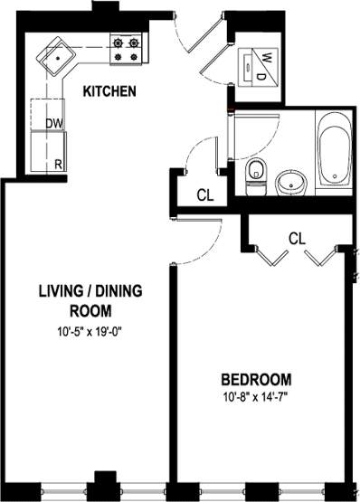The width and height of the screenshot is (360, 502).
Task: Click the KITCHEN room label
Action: click(109, 91)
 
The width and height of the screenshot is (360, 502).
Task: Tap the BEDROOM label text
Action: click(256, 379)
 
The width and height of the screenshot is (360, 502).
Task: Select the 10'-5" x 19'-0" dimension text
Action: click(90, 332)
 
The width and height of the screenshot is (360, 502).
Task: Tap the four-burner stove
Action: click(126, 50)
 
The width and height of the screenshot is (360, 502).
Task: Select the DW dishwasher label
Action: click(54, 124)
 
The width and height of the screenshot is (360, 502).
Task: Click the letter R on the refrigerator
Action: click(58, 165)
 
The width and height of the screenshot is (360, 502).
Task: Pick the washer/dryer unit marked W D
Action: click(259, 68)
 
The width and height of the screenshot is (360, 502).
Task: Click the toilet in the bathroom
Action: click(256, 177)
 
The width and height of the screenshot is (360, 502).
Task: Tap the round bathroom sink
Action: click(291, 183)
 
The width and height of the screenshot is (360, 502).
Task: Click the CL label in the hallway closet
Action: click(205, 195)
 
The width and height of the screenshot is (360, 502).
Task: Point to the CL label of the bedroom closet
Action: click(297, 239)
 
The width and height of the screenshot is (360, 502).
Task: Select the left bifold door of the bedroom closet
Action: click(271, 257)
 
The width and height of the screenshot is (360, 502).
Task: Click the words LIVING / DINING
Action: click(90, 291)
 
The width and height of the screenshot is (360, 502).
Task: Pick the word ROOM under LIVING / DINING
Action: click(90, 311)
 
